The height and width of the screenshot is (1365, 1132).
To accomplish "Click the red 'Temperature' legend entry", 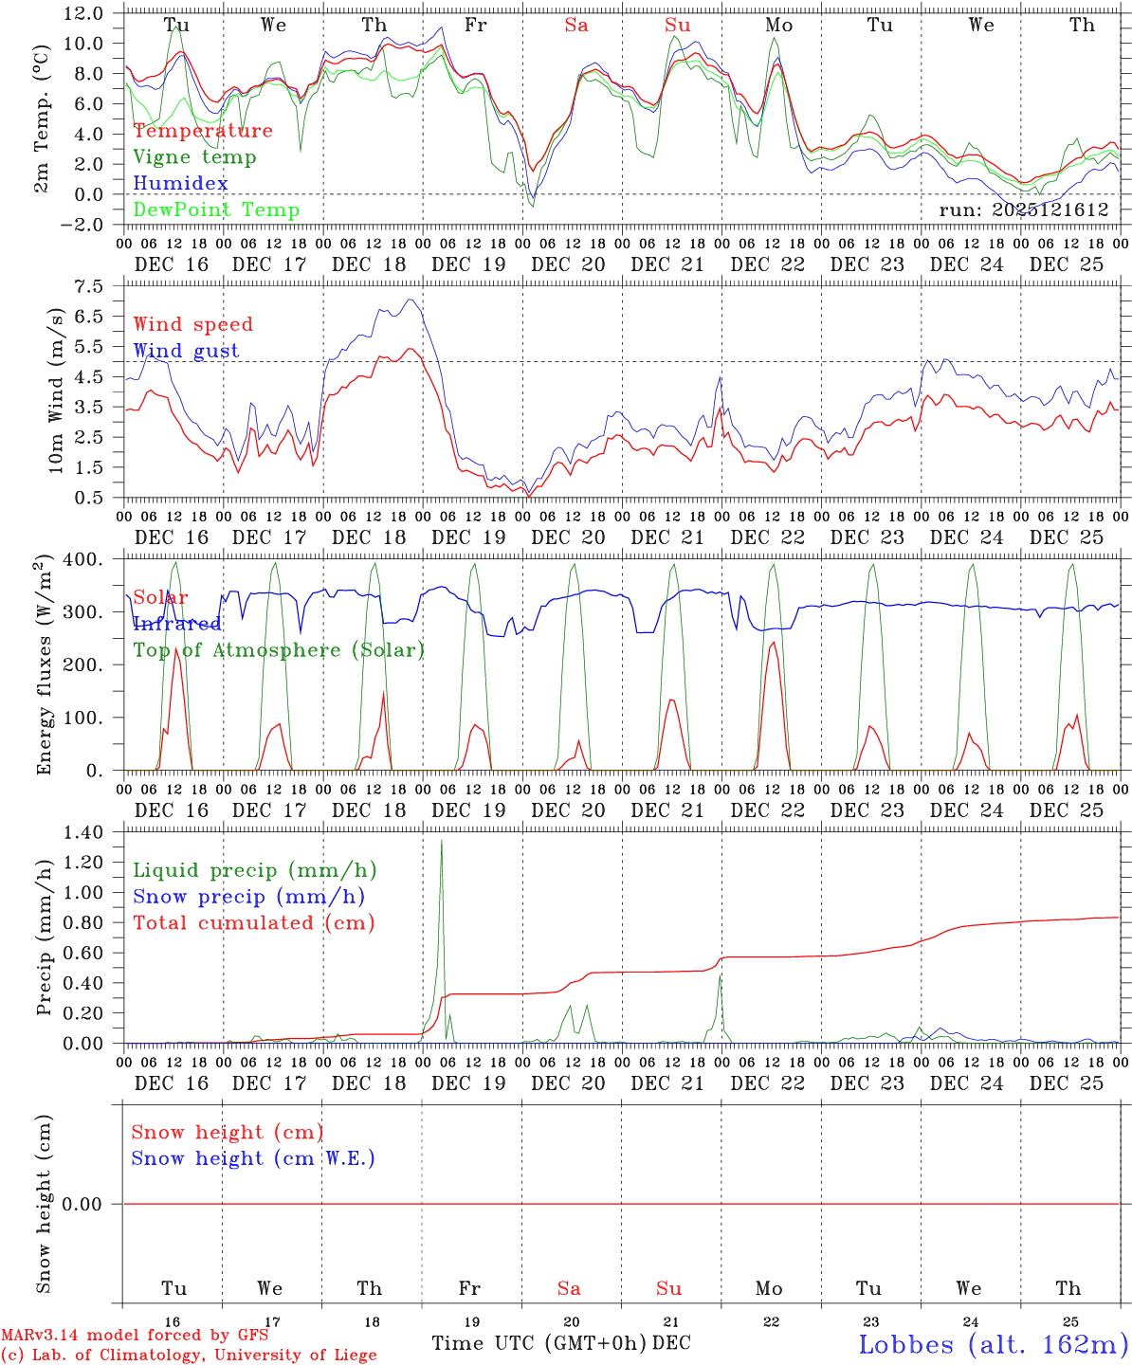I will pos(203,131).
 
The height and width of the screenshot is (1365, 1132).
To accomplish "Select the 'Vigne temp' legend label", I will pos(194,157).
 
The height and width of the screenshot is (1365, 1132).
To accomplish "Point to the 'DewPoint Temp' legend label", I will pos(216,210).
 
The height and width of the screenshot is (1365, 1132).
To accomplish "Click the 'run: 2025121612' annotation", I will pos(1023,210).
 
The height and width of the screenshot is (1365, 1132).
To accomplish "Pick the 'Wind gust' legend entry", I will pos(186,351).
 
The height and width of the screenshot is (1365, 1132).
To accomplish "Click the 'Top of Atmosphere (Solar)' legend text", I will pos(279,650).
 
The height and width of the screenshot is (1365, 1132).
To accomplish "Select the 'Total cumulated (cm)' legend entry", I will pos(254,923).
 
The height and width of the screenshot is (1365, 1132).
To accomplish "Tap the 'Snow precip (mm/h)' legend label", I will pos(248,897).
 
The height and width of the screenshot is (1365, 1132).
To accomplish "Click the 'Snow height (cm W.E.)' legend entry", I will pos(253,1158).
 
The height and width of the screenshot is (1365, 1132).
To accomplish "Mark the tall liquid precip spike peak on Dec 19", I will pos(441,841).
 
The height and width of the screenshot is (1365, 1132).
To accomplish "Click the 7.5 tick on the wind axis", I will pos(92,286).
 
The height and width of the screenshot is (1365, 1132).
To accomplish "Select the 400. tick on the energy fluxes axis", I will pos(85,559).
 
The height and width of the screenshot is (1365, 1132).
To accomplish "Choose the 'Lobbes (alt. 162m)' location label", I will pos(992,1344).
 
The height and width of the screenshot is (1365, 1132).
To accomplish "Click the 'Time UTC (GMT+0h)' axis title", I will pos(539,1343).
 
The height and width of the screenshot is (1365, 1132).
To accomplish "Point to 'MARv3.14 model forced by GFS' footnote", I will pos(134,1336).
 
